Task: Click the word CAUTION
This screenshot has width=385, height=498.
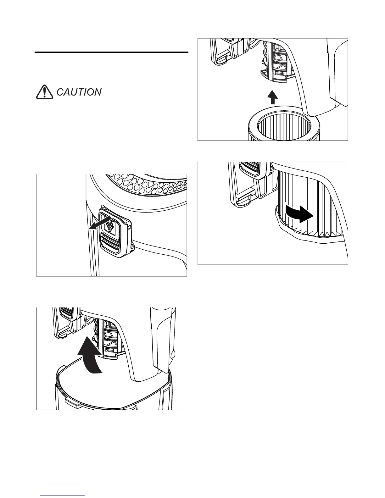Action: pyautogui.click(x=79, y=92)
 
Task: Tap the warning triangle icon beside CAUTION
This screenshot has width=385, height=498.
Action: pyautogui.click(x=44, y=92)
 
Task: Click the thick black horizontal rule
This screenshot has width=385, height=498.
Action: pyautogui.click(x=111, y=53)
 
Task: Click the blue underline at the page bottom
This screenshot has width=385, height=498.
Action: pyautogui.click(x=62, y=495)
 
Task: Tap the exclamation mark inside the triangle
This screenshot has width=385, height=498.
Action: pyautogui.click(x=44, y=92)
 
